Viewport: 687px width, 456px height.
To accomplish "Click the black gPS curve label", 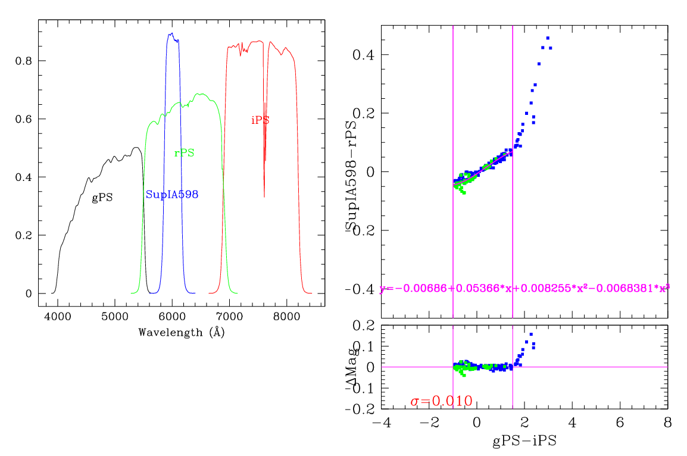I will pyautogui.click(x=102, y=198).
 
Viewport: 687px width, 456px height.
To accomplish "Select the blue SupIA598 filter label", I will pyautogui.click(x=172, y=195).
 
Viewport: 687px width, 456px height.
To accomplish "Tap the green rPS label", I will pyautogui.click(x=184, y=153).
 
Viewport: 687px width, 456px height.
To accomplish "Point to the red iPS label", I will pyautogui.click(x=260, y=120).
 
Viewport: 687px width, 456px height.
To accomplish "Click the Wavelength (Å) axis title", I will pyautogui.click(x=182, y=333).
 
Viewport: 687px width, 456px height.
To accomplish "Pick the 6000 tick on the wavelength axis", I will pyautogui.click(x=172, y=318).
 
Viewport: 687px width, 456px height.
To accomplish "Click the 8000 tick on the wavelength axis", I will pyautogui.click(x=287, y=318).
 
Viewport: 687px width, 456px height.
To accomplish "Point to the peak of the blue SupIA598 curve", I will pyautogui.click(x=171, y=33).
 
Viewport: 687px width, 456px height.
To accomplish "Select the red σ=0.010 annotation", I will pyautogui.click(x=441, y=401).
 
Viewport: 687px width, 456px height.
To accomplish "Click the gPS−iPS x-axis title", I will pyautogui.click(x=524, y=442).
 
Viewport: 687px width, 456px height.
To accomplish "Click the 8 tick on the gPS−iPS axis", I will pyautogui.click(x=667, y=422).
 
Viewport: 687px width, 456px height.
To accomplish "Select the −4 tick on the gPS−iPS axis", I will pyautogui.click(x=382, y=422).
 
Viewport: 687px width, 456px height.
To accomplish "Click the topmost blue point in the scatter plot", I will pyautogui.click(x=548, y=38).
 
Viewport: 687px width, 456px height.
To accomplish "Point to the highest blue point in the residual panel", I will pyautogui.click(x=531, y=334).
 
